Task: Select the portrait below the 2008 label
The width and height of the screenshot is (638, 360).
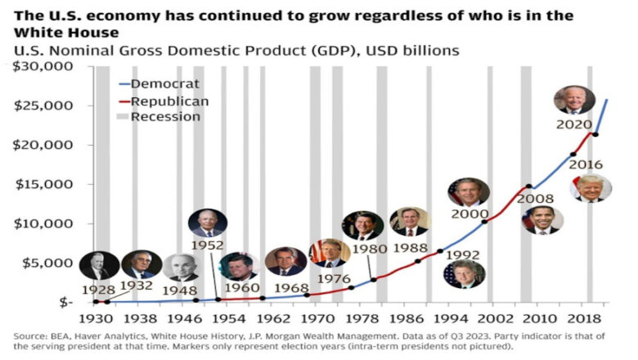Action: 544,219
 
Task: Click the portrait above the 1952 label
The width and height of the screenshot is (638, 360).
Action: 207,222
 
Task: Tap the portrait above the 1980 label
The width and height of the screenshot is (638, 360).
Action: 362,226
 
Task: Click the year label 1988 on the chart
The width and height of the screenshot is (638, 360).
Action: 410,246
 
